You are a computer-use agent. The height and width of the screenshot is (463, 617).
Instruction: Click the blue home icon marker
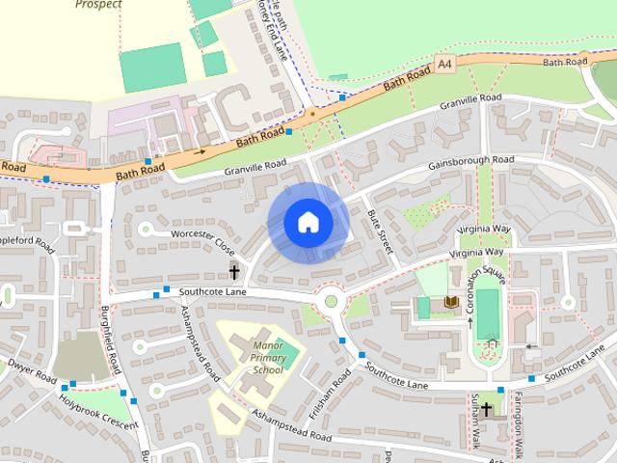(308, 222)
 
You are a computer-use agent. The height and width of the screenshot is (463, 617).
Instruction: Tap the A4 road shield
(443, 64)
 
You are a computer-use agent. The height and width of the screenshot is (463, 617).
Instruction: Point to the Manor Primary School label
(267, 358)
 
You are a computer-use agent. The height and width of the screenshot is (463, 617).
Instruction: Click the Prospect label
(98, 5)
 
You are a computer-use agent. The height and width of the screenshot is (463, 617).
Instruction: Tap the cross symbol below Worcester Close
(234, 273)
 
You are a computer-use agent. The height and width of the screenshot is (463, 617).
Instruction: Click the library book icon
(449, 304)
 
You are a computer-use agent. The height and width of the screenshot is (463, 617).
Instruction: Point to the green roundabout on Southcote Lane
(331, 301)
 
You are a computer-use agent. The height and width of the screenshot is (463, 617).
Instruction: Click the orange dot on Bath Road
(310, 115)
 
